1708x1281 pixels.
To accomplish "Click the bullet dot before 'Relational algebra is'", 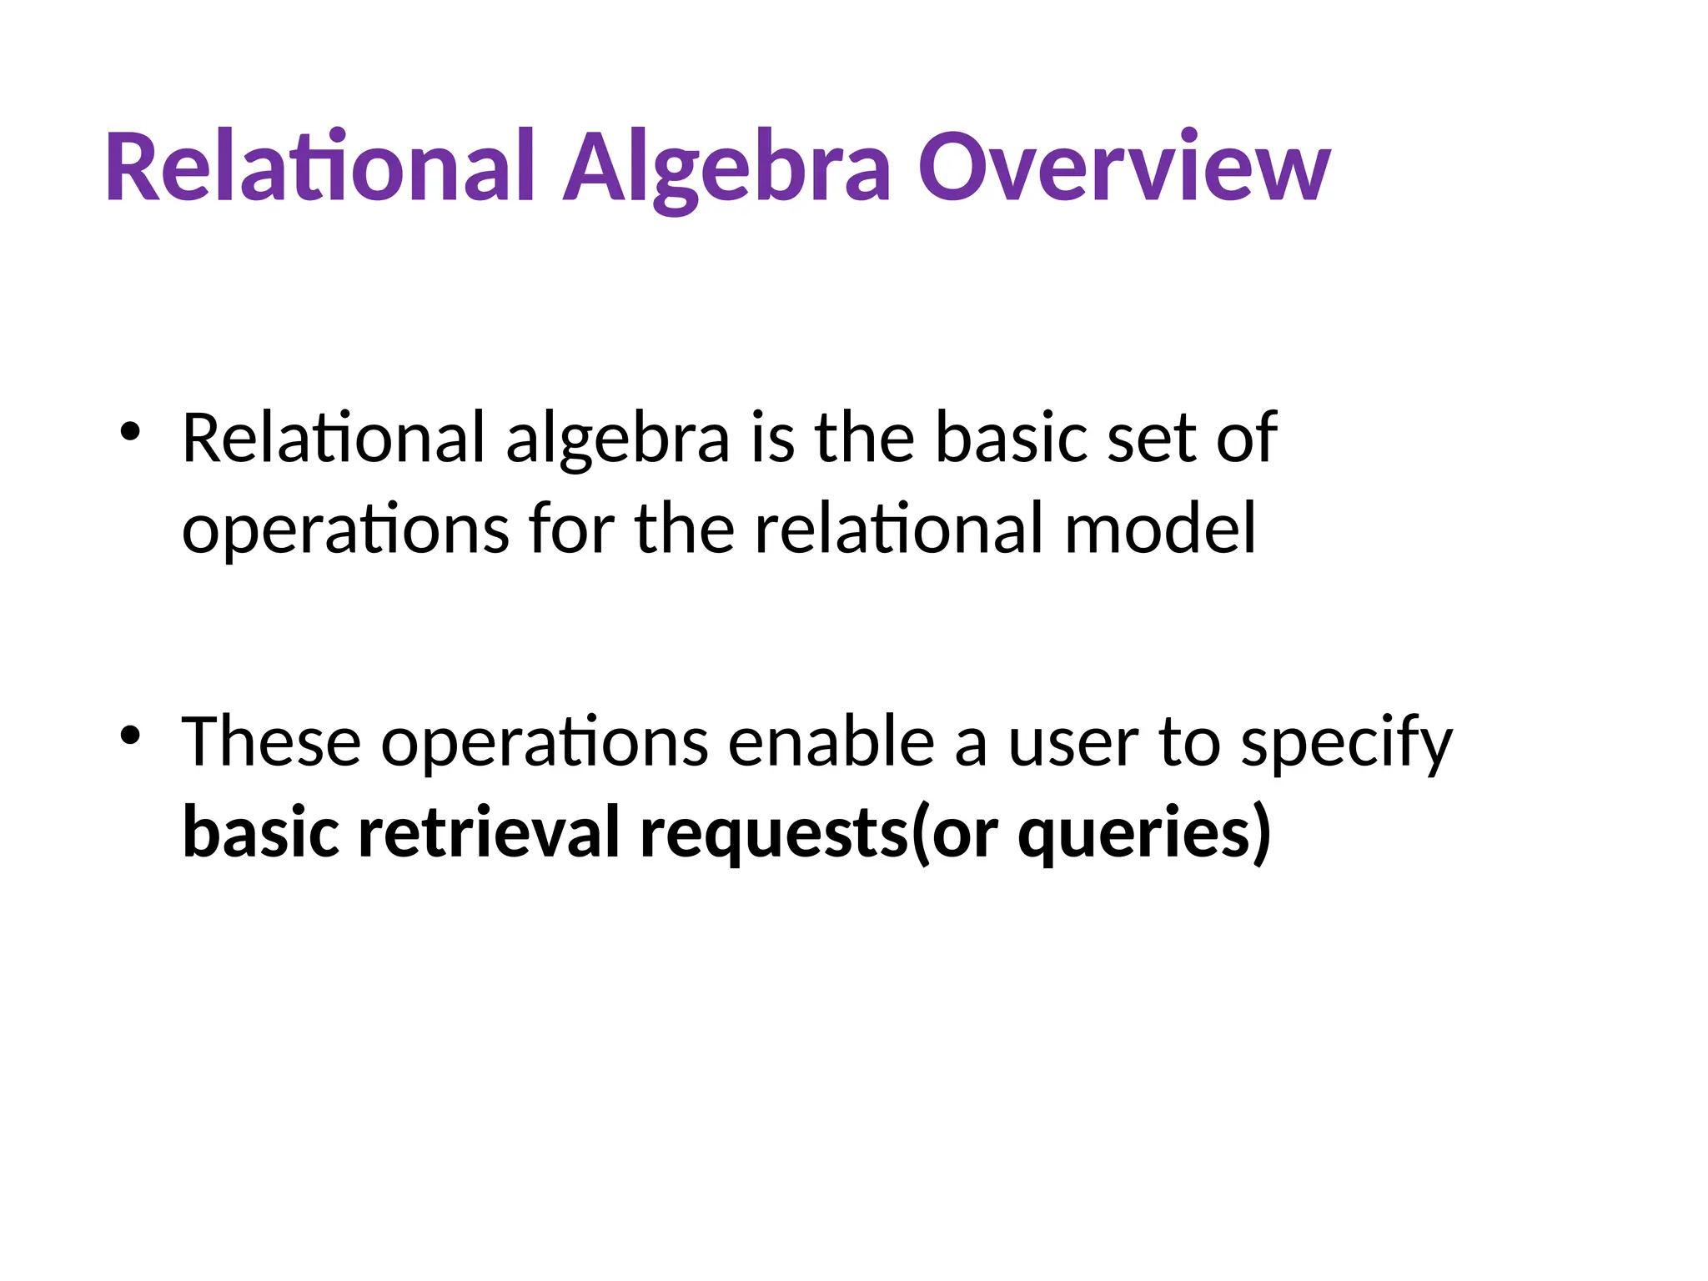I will [x=130, y=432].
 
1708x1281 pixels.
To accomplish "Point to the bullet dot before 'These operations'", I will [x=130, y=735].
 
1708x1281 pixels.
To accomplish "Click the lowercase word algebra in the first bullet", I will [x=618, y=439].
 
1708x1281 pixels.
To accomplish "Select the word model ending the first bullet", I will [x=1160, y=529].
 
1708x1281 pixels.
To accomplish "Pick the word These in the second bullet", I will [x=272, y=741].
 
